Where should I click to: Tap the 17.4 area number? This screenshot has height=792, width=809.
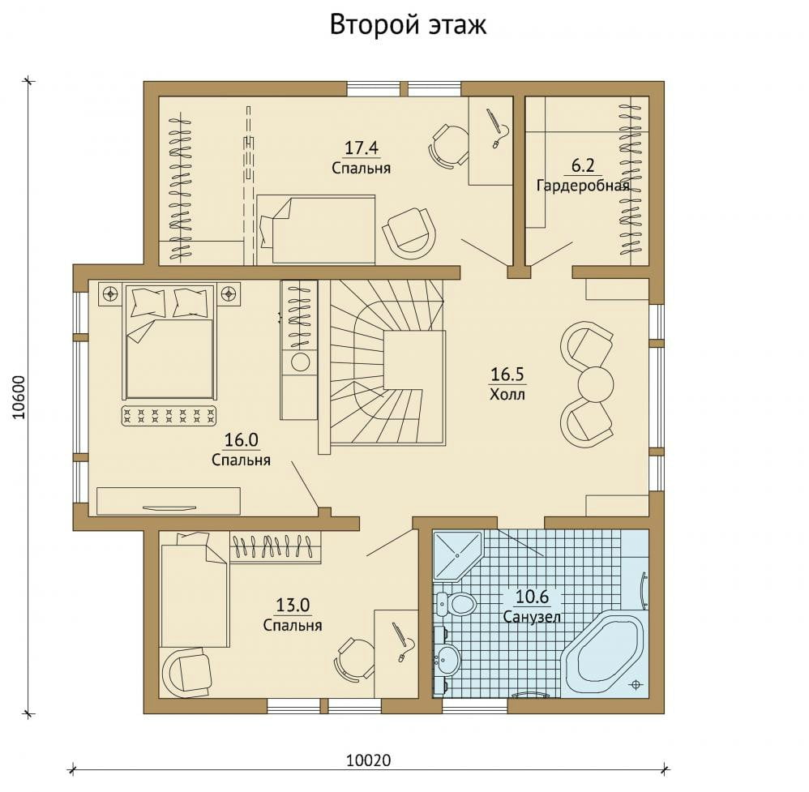click(362, 148)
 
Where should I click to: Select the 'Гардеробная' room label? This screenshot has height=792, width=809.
click(583, 185)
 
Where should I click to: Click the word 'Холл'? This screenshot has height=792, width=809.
click(507, 395)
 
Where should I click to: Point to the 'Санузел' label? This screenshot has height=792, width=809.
click(532, 617)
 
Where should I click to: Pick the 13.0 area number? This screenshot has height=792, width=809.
click(293, 605)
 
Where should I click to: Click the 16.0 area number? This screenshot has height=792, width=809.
click(241, 440)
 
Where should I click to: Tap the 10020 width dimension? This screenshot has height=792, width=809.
click(368, 760)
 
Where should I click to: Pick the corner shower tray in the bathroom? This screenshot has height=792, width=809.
click(456, 555)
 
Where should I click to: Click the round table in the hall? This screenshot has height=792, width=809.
click(596, 383)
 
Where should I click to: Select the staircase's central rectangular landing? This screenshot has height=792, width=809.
click(414, 360)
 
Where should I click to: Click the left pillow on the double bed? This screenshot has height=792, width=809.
click(148, 302)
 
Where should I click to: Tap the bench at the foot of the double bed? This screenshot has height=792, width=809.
click(169, 416)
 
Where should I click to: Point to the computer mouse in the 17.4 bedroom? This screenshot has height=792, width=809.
click(496, 143)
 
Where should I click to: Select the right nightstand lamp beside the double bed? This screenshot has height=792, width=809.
click(228, 293)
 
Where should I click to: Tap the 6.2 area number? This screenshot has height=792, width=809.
click(583, 165)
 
